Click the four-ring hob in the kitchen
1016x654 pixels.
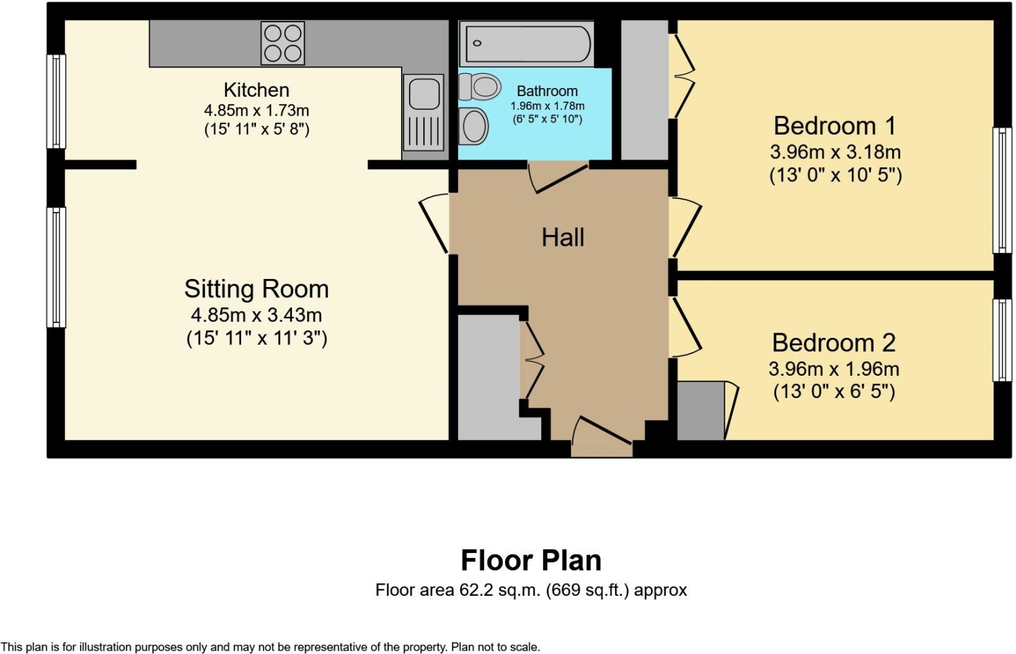(282, 43)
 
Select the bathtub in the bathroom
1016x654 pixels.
(526, 44)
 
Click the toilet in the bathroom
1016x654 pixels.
(480, 86)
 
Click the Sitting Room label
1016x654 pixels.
(256, 288)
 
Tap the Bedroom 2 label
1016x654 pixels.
(834, 343)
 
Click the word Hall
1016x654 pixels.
(563, 238)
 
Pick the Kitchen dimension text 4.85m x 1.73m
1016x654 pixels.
(257, 110)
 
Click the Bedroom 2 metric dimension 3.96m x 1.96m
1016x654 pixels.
(834, 369)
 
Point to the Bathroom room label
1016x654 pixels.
(547, 91)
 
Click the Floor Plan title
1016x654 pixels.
(531, 560)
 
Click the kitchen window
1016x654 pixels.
(56, 101)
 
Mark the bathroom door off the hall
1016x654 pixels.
(557, 177)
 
